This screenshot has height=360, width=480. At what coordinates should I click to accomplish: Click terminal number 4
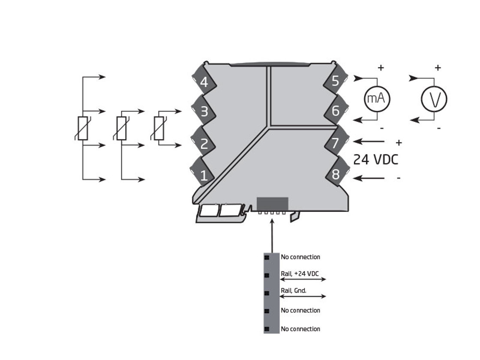204,81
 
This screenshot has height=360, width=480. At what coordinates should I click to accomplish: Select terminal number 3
204,111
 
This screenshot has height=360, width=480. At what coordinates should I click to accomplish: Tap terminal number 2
204,144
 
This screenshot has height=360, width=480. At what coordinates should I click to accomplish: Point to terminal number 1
204,175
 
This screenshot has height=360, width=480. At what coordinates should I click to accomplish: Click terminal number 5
335,81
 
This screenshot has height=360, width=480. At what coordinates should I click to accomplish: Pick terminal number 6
335,111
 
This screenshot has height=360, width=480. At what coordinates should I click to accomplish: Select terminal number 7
335,143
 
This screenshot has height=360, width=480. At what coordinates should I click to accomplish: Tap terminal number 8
335,175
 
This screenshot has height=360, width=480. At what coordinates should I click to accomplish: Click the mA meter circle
377,99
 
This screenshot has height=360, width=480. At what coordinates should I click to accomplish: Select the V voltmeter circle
434,99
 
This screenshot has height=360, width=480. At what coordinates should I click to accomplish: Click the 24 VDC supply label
375,159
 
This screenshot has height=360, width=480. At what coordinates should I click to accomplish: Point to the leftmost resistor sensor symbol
83,128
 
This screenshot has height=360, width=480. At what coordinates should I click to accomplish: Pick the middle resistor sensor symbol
121,128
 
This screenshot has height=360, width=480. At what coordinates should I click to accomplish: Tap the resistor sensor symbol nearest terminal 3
159,128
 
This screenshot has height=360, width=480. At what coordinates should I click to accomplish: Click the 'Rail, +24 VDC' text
300,274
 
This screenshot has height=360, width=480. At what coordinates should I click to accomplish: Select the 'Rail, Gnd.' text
294,291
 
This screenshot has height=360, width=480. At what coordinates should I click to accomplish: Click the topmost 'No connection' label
300,257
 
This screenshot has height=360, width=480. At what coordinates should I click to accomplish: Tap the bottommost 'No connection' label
300,329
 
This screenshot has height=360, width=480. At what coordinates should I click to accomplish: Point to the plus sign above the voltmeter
438,68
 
